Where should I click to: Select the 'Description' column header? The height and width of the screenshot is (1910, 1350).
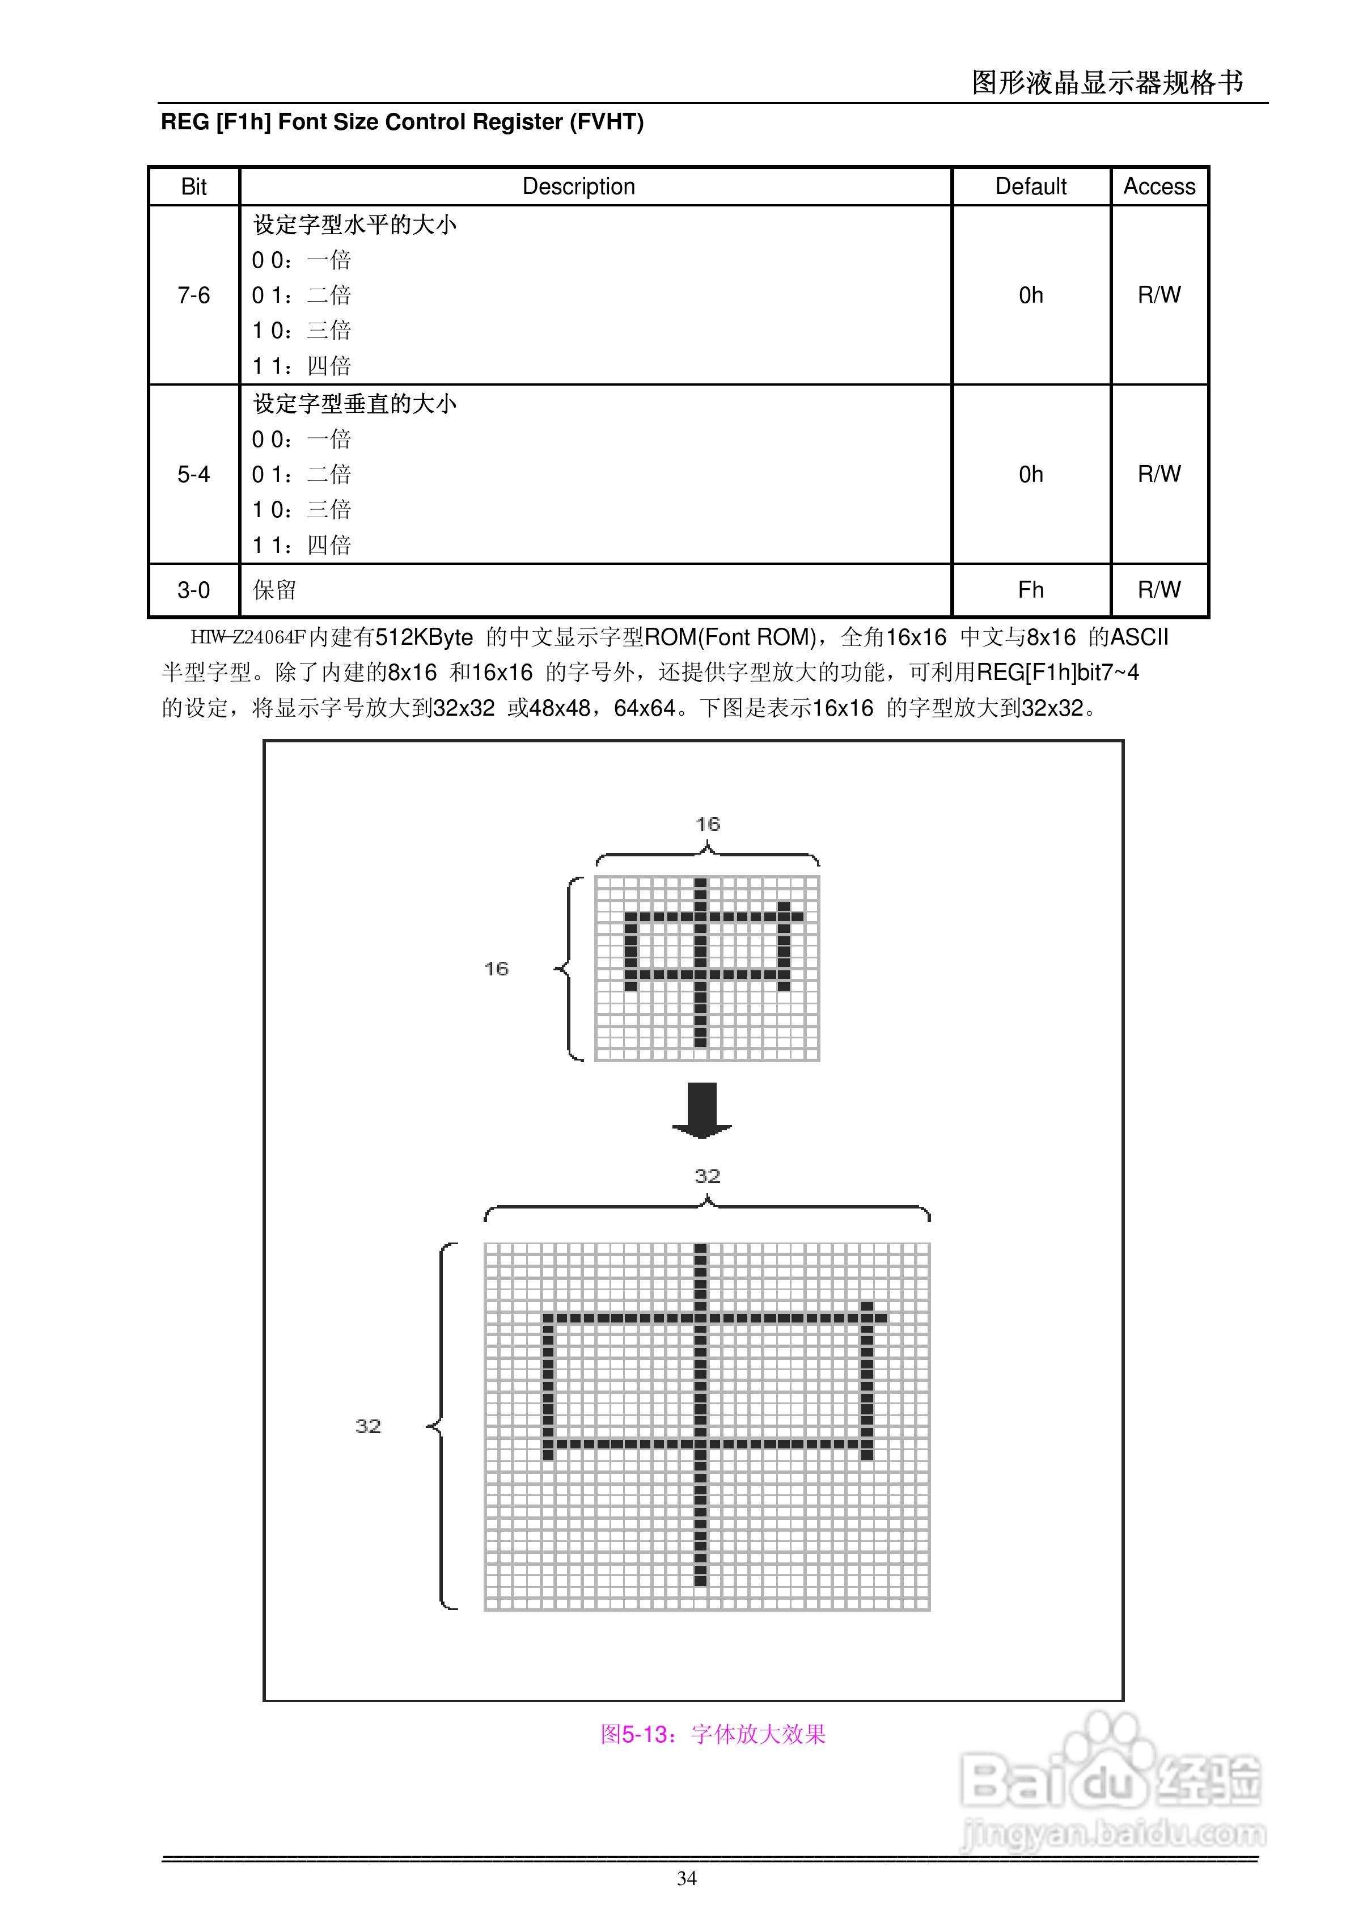pos(578,187)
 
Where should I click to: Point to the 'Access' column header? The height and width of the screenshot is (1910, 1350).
pos(1159,187)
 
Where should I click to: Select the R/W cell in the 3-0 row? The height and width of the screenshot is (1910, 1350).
pos(1159,590)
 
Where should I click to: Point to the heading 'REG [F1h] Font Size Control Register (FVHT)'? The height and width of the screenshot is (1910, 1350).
pos(402,122)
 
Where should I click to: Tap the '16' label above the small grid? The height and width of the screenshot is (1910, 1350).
pos(707,825)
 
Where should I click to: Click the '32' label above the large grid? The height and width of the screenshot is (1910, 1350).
pos(707,1176)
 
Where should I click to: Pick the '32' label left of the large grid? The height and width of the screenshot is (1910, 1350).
pos(367,1426)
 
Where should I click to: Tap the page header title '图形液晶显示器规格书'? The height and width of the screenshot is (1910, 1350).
pos(1107,82)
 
